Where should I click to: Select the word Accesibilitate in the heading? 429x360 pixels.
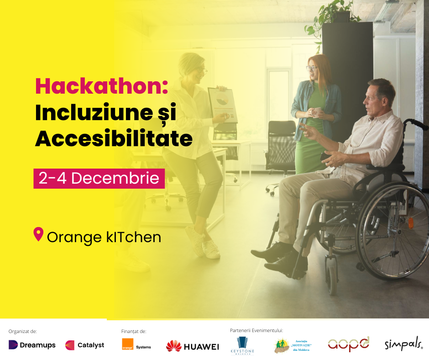pyautogui.click(x=114, y=138)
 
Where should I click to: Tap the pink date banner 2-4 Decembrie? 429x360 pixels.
pyautogui.click(x=99, y=178)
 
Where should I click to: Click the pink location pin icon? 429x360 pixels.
pyautogui.click(x=39, y=234)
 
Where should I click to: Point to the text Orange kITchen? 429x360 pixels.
pyautogui.click(x=104, y=237)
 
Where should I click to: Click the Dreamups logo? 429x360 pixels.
pyautogui.click(x=32, y=345)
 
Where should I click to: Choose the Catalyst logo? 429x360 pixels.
pyautogui.click(x=85, y=345)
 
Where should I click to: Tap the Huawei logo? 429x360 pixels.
pyautogui.click(x=192, y=346)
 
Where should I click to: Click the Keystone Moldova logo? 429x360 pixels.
pyautogui.click(x=242, y=345)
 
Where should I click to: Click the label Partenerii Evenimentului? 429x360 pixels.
pyautogui.click(x=256, y=330)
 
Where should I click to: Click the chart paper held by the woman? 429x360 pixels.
pyautogui.click(x=223, y=105)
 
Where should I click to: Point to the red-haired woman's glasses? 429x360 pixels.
pyautogui.click(x=312, y=68)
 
